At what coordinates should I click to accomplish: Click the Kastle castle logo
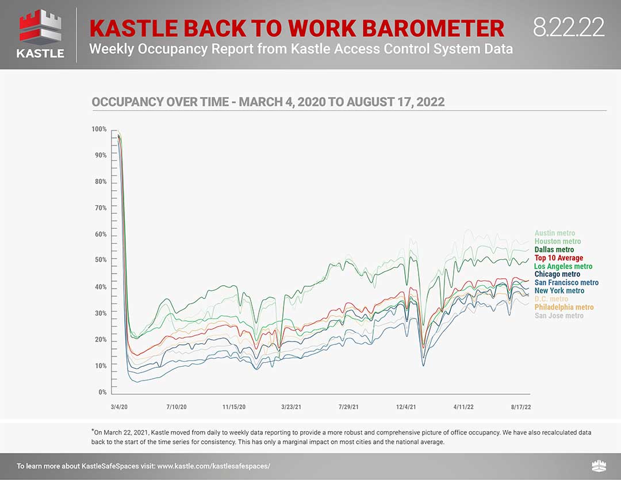coord(40,34)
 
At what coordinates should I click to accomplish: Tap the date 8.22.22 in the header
coord(568,27)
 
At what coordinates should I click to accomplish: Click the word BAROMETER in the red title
coord(434,29)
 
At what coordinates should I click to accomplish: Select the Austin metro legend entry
coord(554,233)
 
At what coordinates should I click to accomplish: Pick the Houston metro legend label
coord(558,241)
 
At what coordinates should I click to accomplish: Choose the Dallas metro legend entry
coord(554,249)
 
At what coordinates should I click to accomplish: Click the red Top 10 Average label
coord(559,258)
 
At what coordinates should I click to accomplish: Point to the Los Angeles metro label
coord(563,266)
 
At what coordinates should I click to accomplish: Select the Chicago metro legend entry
coord(557,274)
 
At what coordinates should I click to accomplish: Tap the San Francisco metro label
coord(566,282)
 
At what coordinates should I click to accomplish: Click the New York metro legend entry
coord(559,291)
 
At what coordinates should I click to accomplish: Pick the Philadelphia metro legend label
coord(564,307)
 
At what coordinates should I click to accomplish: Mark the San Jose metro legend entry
coord(559,316)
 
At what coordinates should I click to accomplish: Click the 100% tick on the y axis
coord(99,129)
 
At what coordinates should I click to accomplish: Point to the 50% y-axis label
coord(101,260)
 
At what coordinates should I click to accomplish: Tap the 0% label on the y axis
coord(102,392)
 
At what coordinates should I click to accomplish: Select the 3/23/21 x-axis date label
coord(291,407)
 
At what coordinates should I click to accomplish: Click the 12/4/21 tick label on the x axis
coord(406,407)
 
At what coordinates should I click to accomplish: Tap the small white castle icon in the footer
coord(599,466)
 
